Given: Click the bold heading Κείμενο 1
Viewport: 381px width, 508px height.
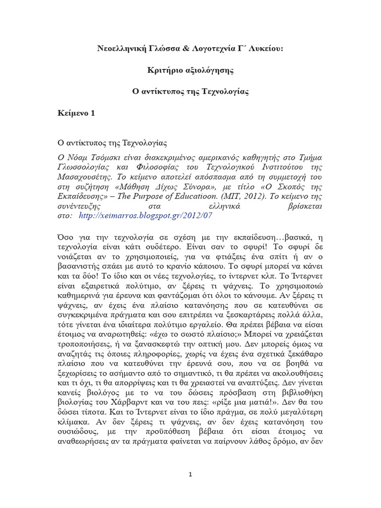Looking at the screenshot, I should (76, 114).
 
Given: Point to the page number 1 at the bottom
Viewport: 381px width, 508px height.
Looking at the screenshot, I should (190, 474).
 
